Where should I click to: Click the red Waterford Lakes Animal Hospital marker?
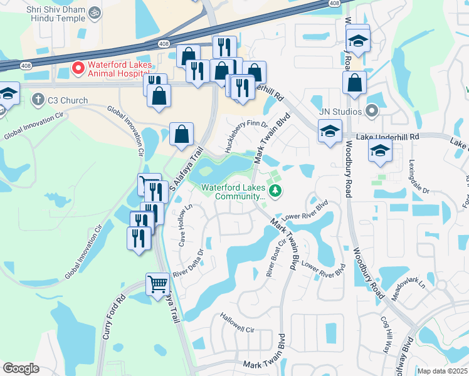78,67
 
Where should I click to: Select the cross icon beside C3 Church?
38,100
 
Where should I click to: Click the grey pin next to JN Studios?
371,112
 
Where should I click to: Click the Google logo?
21,368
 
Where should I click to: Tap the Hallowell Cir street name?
237,323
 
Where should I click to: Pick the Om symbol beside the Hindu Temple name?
95,12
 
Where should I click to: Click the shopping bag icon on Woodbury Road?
354,83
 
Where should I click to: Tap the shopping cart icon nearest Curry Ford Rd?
157,284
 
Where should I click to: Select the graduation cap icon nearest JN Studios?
330,131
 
